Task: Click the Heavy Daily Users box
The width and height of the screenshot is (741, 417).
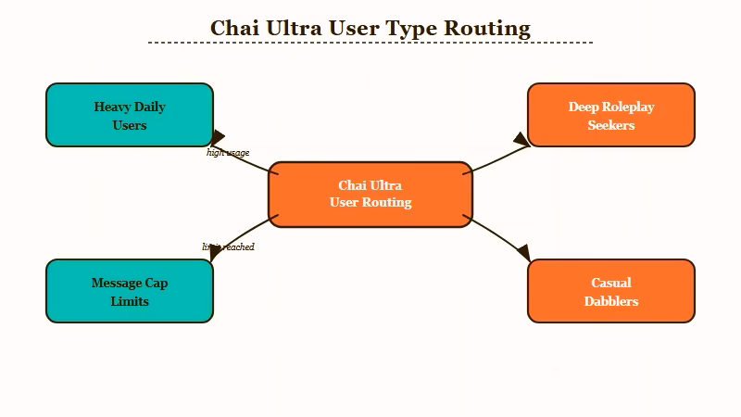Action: (x=130, y=115)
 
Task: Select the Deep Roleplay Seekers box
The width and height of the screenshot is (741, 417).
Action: (x=611, y=115)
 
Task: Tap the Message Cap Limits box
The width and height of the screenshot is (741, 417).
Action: (x=130, y=291)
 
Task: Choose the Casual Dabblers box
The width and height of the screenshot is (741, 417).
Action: (x=611, y=291)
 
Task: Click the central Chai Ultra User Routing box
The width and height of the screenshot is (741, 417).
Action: (x=370, y=195)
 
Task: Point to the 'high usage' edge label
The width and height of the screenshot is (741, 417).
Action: (x=228, y=153)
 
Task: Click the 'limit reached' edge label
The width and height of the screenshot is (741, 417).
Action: (x=228, y=247)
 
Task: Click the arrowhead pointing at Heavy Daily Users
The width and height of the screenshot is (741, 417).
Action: (x=218, y=139)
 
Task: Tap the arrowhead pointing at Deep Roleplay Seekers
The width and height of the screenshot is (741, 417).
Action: (x=522, y=140)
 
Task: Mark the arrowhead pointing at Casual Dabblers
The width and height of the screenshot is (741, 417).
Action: (x=522, y=251)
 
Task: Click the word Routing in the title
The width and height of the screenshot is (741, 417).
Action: (x=487, y=29)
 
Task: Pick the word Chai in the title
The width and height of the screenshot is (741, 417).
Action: (x=235, y=29)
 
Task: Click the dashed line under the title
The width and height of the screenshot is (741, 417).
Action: (x=370, y=43)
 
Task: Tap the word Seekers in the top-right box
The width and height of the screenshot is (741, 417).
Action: (x=611, y=125)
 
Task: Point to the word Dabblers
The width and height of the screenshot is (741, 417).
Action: (x=611, y=301)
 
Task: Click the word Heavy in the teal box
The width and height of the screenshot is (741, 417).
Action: (x=111, y=107)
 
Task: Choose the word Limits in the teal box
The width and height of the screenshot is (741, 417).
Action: (x=130, y=301)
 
